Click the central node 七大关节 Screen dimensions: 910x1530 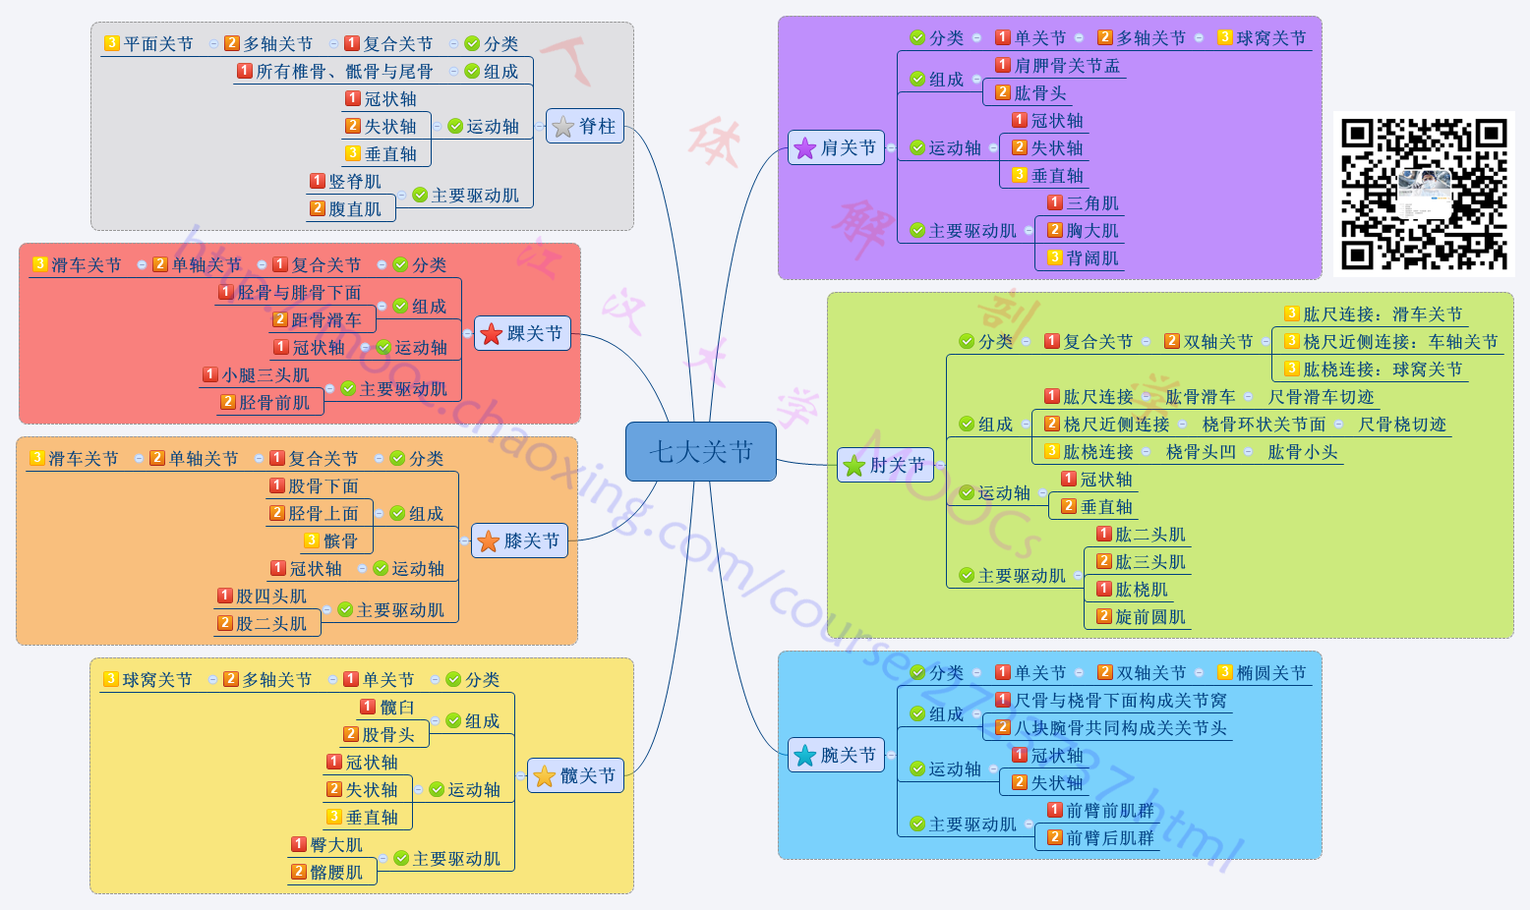click(x=700, y=452)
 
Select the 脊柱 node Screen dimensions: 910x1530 click(x=585, y=127)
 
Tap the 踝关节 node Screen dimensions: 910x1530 click(x=523, y=334)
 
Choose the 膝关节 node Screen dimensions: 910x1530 click(x=520, y=541)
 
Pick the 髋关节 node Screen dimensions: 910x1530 click(x=576, y=776)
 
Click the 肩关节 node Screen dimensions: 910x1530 click(x=837, y=148)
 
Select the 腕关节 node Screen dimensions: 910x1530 click(x=837, y=756)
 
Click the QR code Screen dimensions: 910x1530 click(x=1424, y=194)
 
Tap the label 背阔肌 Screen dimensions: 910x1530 click(x=1092, y=258)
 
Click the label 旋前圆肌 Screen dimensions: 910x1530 click(x=1150, y=617)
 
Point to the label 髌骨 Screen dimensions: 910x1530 click(x=340, y=541)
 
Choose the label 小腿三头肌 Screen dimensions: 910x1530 click(x=265, y=375)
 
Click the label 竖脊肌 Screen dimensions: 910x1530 click(x=355, y=182)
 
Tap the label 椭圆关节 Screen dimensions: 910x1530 click(x=1271, y=673)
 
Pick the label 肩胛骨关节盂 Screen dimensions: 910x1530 click(x=1067, y=66)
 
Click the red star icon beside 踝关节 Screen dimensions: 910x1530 click(x=492, y=335)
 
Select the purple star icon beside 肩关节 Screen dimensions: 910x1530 click(x=805, y=148)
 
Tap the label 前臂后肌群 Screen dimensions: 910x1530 click(x=1110, y=838)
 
